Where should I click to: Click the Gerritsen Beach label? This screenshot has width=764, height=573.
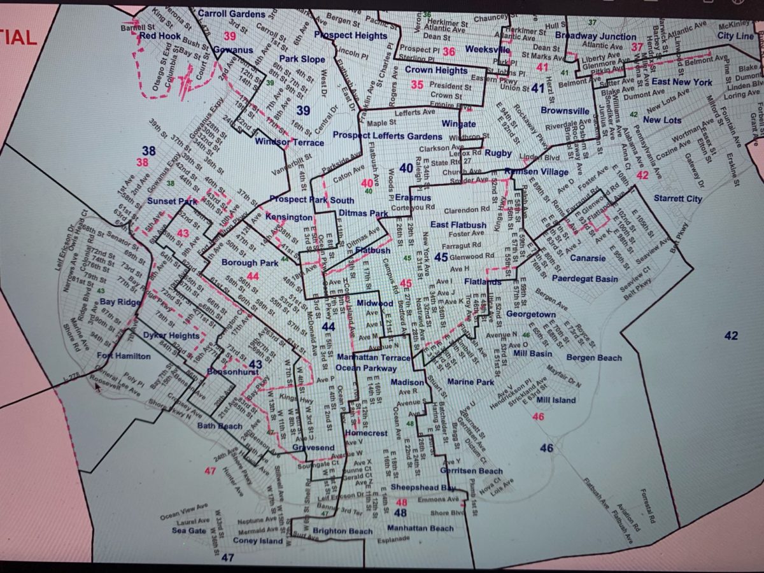(471, 470)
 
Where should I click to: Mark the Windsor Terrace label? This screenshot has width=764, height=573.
(289, 142)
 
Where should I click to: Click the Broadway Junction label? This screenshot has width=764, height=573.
(595, 36)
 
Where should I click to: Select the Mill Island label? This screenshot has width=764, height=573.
(556, 400)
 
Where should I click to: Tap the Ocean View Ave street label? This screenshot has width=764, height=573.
(185, 508)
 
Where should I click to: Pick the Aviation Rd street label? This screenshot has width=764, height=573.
(630, 516)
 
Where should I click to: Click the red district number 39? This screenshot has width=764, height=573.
(229, 36)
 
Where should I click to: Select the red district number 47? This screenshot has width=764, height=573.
(211, 470)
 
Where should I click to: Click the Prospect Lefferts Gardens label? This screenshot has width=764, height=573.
(387, 136)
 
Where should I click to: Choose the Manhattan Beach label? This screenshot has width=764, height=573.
(420, 528)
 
